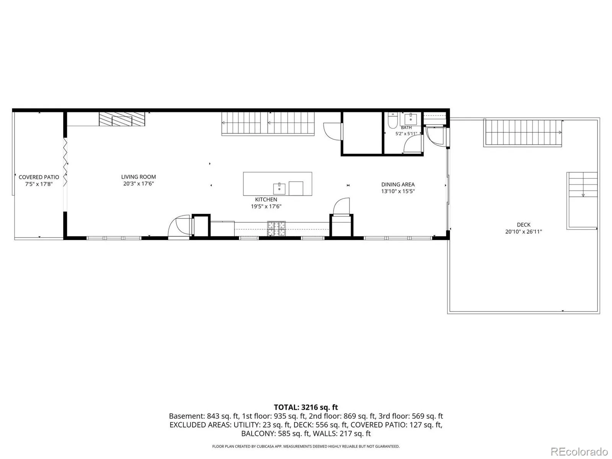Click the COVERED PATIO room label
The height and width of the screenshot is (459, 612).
click(x=39, y=177)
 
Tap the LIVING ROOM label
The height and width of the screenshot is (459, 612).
click(x=138, y=177)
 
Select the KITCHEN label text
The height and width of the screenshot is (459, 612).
click(x=266, y=200)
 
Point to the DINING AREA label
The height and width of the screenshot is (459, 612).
click(x=398, y=184)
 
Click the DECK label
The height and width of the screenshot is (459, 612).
click(x=523, y=225)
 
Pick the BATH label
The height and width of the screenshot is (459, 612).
click(x=406, y=128)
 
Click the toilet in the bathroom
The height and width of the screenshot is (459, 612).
click(x=392, y=120)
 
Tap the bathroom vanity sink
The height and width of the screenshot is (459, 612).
click(x=411, y=119)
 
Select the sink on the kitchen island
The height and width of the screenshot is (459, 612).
click(x=279, y=189)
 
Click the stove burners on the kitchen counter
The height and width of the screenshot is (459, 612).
click(x=276, y=228)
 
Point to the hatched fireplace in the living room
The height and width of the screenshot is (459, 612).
click(x=122, y=119)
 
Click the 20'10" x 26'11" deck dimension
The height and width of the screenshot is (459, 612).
click(x=523, y=231)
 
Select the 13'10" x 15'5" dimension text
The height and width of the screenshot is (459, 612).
click(x=398, y=192)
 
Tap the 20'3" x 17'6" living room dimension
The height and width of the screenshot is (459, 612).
click(x=138, y=184)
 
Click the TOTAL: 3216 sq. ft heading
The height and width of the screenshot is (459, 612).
click(x=306, y=407)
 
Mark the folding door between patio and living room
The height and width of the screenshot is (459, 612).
click(x=65, y=162)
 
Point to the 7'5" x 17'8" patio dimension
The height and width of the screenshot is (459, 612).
click(x=39, y=184)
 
